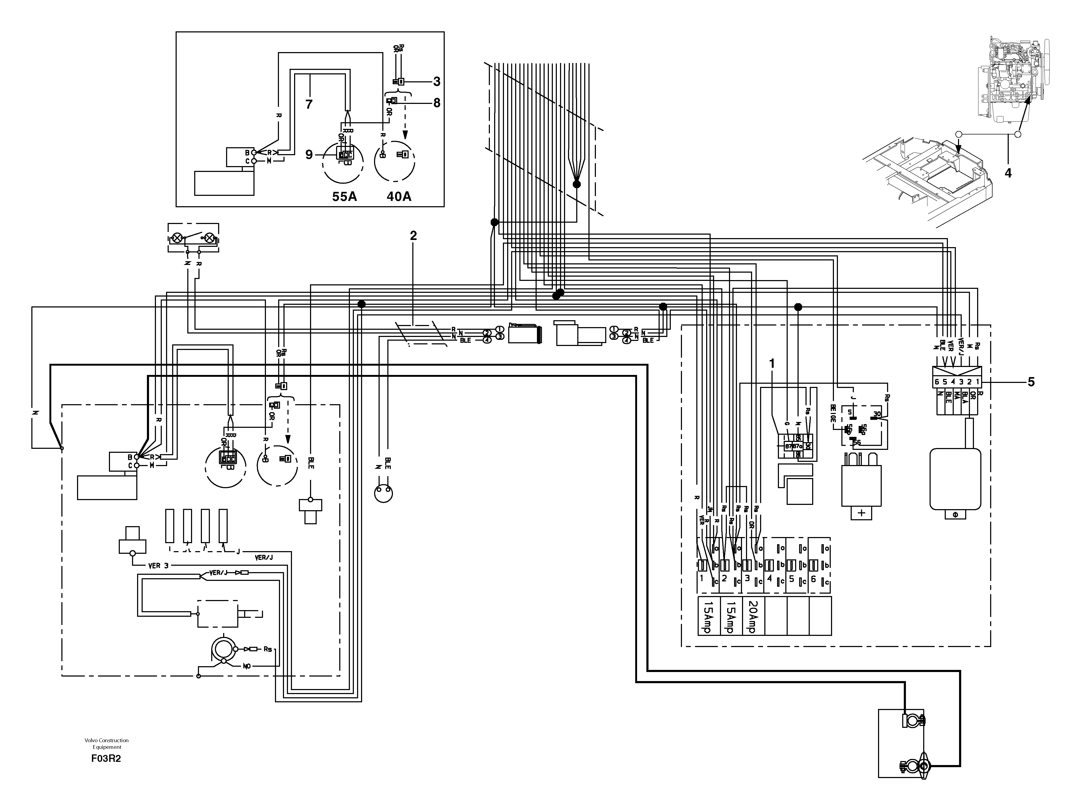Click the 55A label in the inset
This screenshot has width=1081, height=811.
345,197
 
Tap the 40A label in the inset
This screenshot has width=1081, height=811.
399,197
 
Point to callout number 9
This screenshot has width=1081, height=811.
309,154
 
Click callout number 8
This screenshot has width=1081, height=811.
436,103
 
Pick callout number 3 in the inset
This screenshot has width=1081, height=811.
436,81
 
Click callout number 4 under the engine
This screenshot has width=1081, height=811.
1008,172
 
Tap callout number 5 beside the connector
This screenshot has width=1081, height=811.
1031,382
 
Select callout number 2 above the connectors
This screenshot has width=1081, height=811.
413,236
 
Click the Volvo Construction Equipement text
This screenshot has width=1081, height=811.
107,744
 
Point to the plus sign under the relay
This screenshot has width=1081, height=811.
861,513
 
